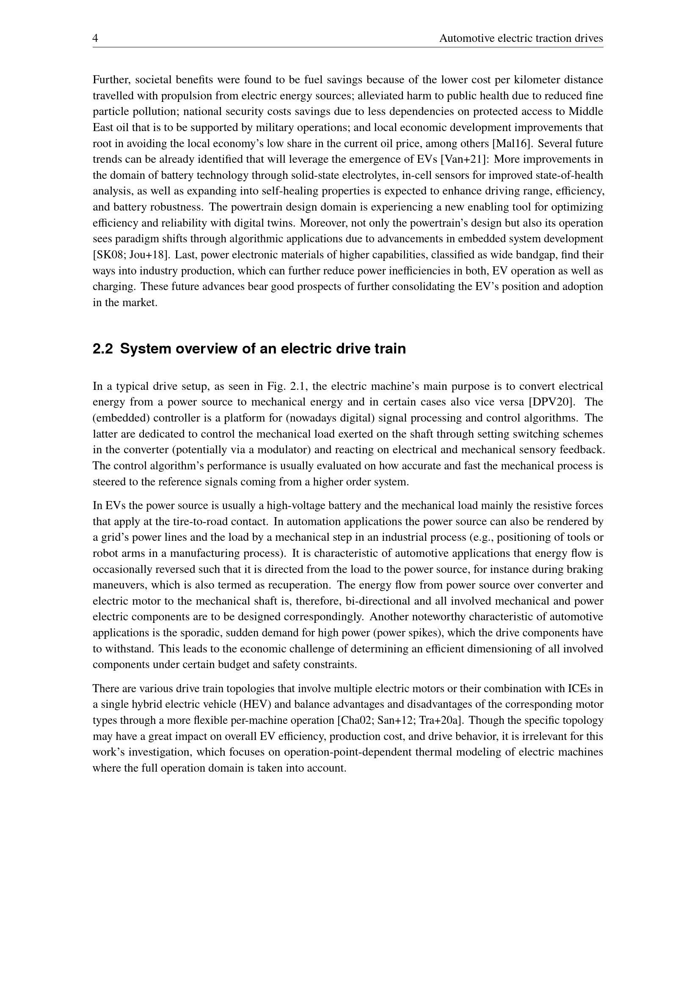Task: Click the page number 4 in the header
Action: click(x=95, y=38)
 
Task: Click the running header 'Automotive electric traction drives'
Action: click(x=521, y=38)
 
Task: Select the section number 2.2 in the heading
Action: click(x=102, y=348)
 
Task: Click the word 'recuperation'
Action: click(x=299, y=585)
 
